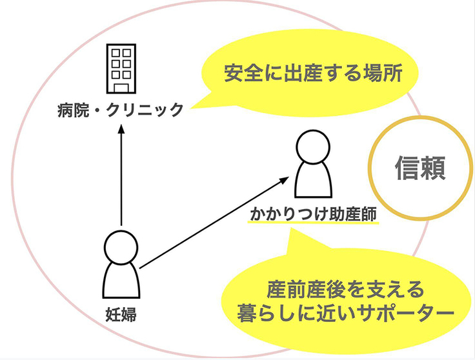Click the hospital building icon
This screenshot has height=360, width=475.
[121, 68]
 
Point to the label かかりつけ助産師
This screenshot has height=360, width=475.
[313, 214]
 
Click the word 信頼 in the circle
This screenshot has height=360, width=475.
[420, 169]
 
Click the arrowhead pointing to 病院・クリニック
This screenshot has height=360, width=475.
[121, 129]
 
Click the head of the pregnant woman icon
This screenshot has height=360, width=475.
[121, 245]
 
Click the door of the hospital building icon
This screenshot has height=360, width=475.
[121, 86]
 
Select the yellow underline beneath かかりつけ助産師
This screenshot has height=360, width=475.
[313, 223]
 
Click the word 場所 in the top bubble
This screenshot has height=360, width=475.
[384, 72]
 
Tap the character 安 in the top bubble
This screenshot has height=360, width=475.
[232, 72]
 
